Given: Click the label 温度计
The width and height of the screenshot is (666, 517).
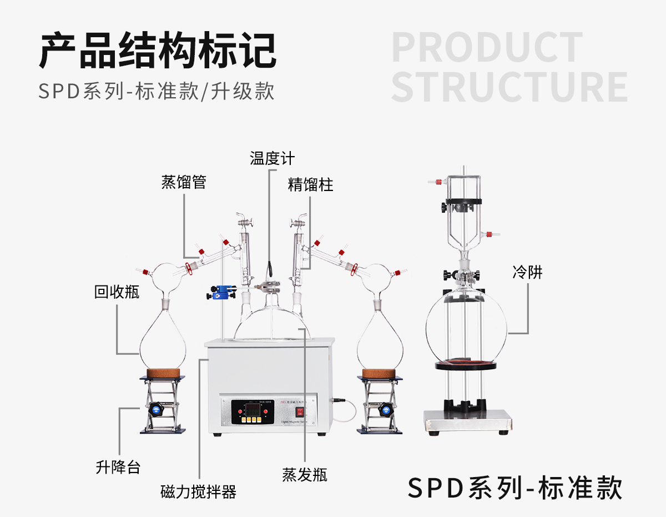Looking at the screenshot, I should [x=272, y=158].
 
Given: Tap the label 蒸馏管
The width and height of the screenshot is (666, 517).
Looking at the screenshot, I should [x=184, y=182].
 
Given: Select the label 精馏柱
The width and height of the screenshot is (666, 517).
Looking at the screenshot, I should [x=311, y=184].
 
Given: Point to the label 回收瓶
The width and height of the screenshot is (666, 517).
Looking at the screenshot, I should [x=117, y=292].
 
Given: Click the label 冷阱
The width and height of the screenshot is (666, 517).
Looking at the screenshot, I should [x=527, y=272].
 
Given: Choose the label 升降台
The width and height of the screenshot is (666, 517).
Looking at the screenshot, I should [x=118, y=467].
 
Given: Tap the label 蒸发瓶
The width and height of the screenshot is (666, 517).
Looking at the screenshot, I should [x=305, y=475].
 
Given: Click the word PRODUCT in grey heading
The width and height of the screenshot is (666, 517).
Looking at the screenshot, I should [x=487, y=48].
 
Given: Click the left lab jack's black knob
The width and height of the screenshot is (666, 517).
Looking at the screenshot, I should [x=155, y=410].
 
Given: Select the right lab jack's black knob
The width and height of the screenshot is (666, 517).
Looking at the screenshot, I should [x=384, y=410].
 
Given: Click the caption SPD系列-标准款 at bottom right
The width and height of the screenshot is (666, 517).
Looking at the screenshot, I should [x=515, y=488].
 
